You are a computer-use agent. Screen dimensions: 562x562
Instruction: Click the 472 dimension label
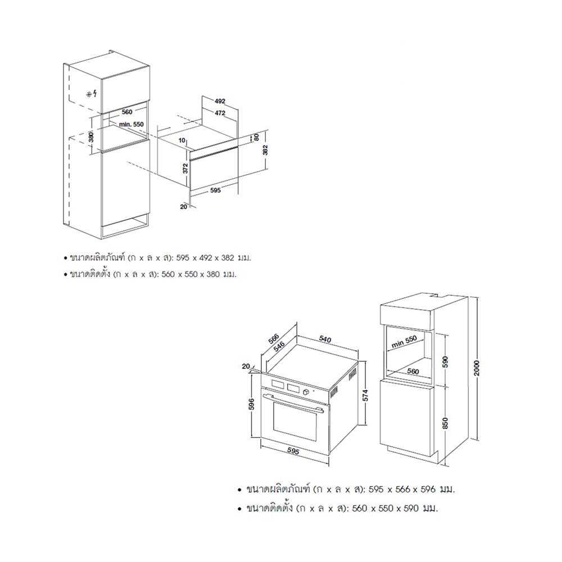220,113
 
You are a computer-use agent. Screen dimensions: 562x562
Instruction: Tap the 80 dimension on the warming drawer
256,137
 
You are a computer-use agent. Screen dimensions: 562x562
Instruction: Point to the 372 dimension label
185,167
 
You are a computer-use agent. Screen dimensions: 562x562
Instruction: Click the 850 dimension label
446,423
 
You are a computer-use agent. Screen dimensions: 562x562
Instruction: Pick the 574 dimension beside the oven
365,395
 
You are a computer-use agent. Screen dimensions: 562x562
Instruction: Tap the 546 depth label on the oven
279,347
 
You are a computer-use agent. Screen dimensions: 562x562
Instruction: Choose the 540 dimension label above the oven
325,339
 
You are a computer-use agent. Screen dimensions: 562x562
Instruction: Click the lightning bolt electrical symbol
94,94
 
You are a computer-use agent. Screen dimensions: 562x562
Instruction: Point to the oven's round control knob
306,392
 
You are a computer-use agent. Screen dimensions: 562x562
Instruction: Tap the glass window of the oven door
295,422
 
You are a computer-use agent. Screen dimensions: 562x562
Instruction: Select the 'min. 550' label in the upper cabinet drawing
132,124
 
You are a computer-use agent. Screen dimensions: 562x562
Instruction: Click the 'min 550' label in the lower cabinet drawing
404,342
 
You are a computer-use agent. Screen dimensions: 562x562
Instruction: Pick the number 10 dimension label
182,140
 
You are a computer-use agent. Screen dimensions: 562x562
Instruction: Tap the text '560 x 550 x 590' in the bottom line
386,508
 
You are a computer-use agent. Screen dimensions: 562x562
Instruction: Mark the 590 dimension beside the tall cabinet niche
446,362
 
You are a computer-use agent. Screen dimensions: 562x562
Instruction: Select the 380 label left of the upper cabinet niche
91,137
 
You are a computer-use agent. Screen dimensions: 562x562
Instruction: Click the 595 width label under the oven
293,452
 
